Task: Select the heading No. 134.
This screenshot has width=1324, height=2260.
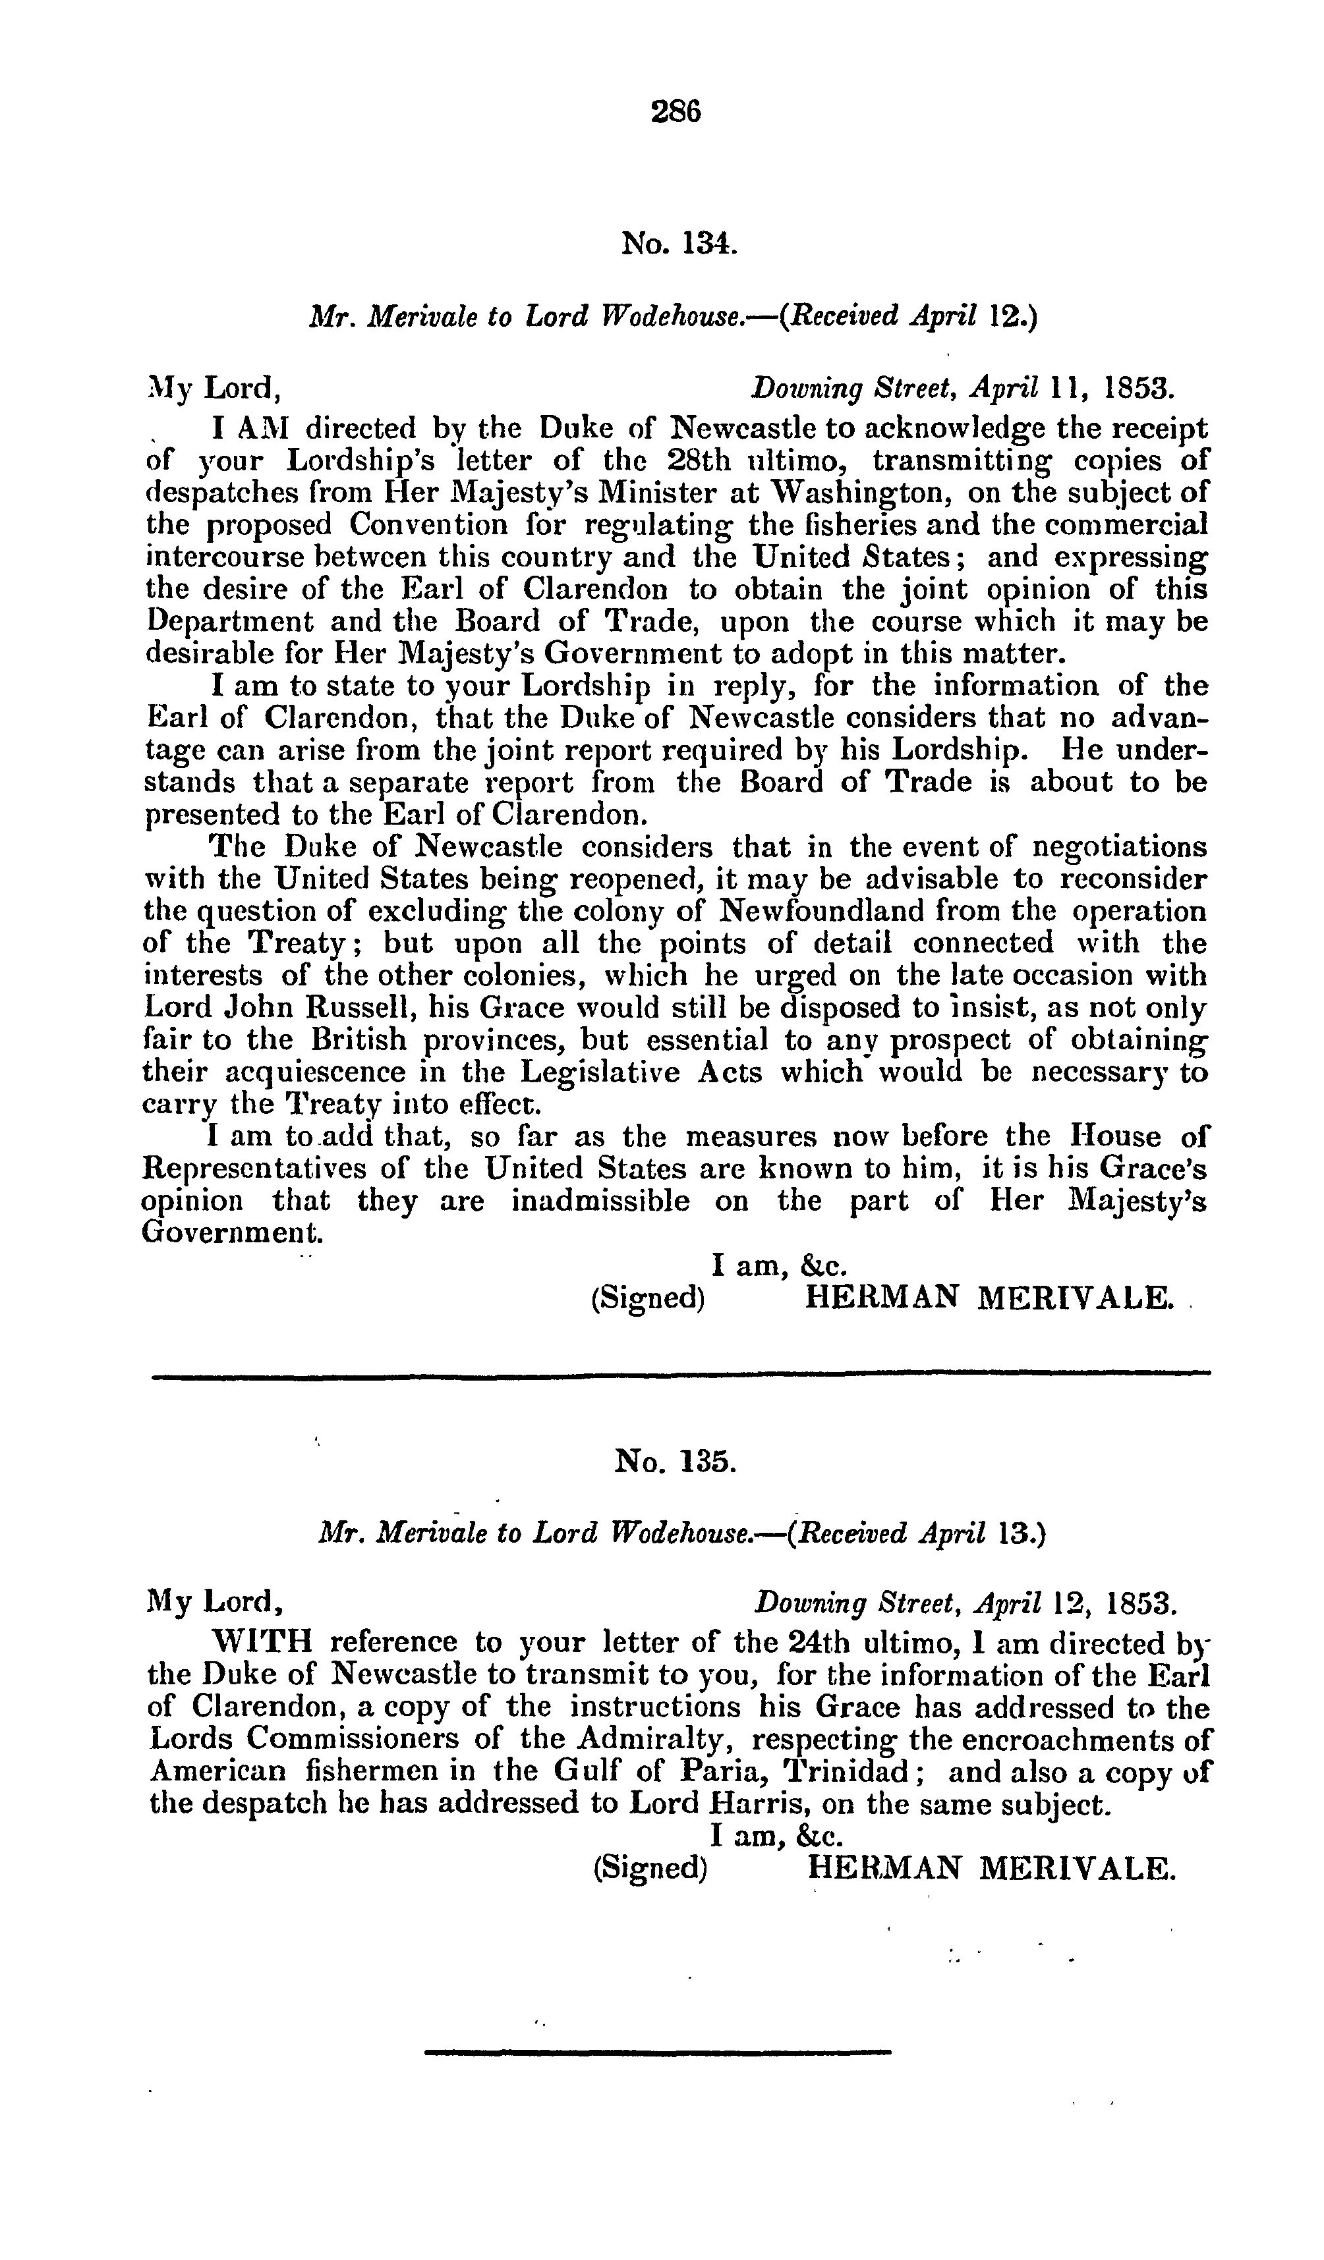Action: [679, 243]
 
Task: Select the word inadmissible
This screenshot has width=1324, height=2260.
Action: [600, 1201]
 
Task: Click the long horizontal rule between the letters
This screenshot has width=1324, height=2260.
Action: [681, 1374]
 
